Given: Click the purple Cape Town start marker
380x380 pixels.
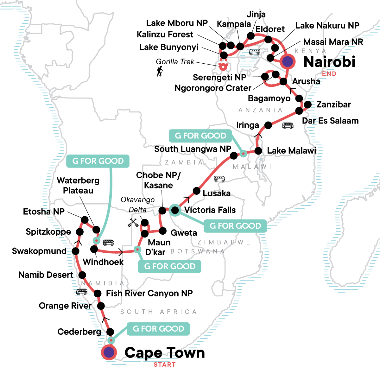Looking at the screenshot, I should tap(109, 352).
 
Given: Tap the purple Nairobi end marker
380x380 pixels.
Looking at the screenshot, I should tap(287, 61).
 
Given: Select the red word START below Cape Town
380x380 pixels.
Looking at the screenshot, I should tap(164, 364).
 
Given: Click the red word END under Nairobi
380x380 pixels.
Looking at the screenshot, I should tap(329, 74).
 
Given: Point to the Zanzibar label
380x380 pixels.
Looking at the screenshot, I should tap(333, 104).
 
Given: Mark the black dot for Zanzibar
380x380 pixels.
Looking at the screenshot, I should tap(307, 104).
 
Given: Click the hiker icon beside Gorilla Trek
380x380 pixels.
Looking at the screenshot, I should tap(160, 71).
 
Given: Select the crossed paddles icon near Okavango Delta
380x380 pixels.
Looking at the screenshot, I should tap(133, 223).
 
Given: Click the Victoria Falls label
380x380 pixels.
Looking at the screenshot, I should tap(210, 210).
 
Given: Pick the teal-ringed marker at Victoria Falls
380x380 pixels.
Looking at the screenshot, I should tap(174, 210).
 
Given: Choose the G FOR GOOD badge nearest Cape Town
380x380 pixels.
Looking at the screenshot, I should tap(158, 329).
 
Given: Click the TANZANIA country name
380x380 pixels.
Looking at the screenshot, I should tap(257, 110).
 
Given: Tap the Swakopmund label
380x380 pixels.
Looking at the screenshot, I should tap(39, 251).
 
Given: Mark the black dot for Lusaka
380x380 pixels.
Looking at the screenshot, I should tap(196, 191).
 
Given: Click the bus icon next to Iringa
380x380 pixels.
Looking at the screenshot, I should tap(288, 126).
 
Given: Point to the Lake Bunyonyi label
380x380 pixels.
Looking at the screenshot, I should tap(169, 47).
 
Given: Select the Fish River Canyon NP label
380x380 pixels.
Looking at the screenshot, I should tap(149, 293).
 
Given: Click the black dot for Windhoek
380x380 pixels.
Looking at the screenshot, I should tap(94, 249).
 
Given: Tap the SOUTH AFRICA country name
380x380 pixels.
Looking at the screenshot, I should tap(159, 312).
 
